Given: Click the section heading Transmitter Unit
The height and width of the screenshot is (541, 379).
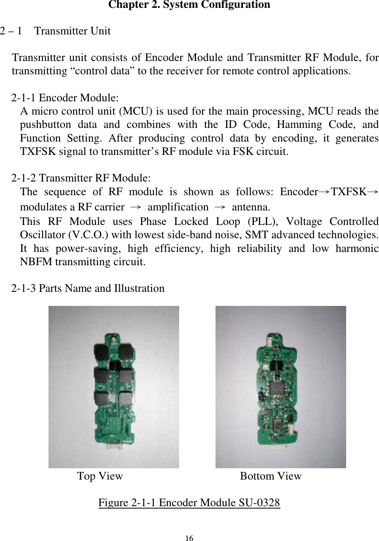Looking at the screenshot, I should coord(72,31).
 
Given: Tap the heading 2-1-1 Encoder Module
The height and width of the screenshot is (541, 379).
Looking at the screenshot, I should coord(65,98).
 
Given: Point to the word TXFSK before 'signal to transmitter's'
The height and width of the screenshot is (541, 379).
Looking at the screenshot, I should coord(38,152).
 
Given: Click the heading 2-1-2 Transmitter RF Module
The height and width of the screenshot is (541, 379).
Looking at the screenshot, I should coord(81,178).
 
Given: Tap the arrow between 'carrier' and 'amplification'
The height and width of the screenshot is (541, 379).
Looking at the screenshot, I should coord(135,207).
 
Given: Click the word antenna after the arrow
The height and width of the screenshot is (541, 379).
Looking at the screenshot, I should coord(251,207).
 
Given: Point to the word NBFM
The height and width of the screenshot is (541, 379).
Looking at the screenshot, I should coord(36,262).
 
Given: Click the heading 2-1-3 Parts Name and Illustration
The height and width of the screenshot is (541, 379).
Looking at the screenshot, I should coord(88,289).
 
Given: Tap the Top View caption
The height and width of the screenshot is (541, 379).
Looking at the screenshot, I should coord(100,476).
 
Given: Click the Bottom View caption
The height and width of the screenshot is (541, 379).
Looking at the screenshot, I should coord(271,476).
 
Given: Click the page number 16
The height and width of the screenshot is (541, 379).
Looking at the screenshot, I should coord(189,538).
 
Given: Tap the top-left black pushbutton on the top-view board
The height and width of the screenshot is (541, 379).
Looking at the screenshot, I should coord(100,351).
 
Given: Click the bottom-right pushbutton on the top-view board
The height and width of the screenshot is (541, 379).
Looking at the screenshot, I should coord(126,399).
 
